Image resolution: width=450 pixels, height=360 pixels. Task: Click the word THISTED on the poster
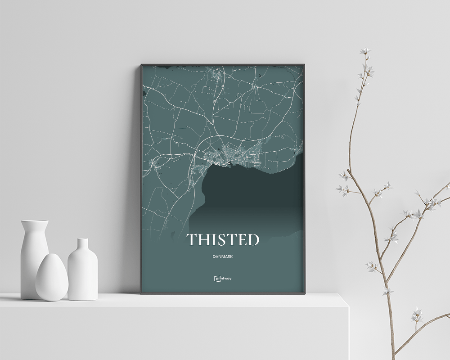point(223,240)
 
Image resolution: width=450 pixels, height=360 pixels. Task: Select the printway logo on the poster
point(223,279)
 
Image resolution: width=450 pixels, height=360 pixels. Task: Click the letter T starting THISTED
point(192,240)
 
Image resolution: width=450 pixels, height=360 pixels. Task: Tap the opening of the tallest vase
point(34,221)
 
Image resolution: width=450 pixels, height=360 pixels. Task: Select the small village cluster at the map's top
point(215,74)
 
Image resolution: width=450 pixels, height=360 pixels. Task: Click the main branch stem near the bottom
point(392,333)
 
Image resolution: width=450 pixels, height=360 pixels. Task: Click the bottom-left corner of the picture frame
point(141,293)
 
